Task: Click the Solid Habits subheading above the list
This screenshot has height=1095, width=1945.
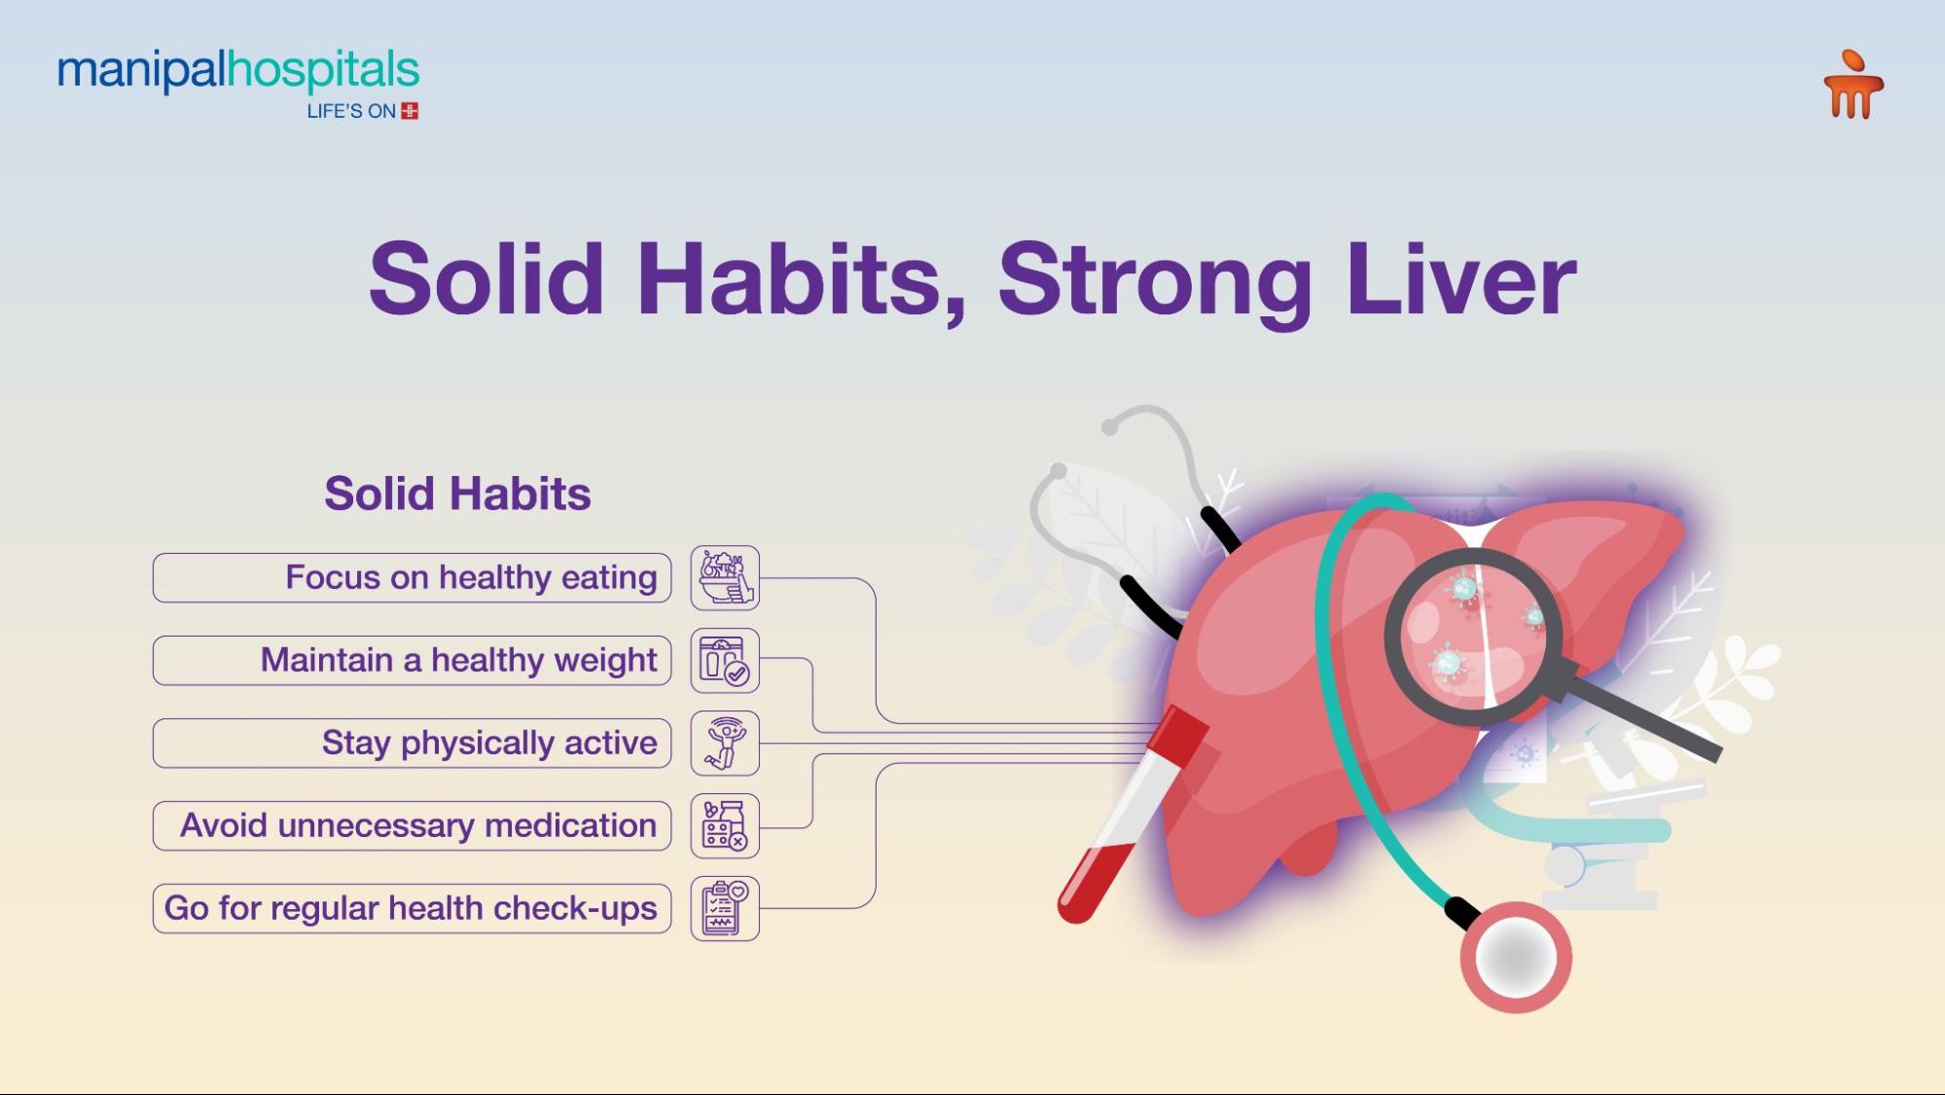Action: point(457,493)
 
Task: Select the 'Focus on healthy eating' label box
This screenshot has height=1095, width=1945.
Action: point(412,578)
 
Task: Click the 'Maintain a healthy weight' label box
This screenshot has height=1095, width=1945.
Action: point(412,661)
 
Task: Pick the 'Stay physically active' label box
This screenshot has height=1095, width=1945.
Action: point(412,744)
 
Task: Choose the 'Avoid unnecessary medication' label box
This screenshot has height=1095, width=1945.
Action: point(412,826)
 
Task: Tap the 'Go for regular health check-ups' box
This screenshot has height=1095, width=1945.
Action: point(412,908)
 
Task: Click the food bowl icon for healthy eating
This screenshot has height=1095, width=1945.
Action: point(725,578)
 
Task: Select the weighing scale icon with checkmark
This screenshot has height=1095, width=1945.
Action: point(725,661)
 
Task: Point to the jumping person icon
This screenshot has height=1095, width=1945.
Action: point(725,744)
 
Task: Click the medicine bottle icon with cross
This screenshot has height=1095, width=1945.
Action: point(725,826)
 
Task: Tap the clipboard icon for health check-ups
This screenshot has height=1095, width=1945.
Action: point(725,908)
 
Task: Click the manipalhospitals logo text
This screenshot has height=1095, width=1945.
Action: point(238,71)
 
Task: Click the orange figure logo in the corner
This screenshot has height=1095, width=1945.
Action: point(1853,86)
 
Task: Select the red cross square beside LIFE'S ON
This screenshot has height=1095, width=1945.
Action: point(410,111)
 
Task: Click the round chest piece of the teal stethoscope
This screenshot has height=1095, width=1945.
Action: point(1515,958)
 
